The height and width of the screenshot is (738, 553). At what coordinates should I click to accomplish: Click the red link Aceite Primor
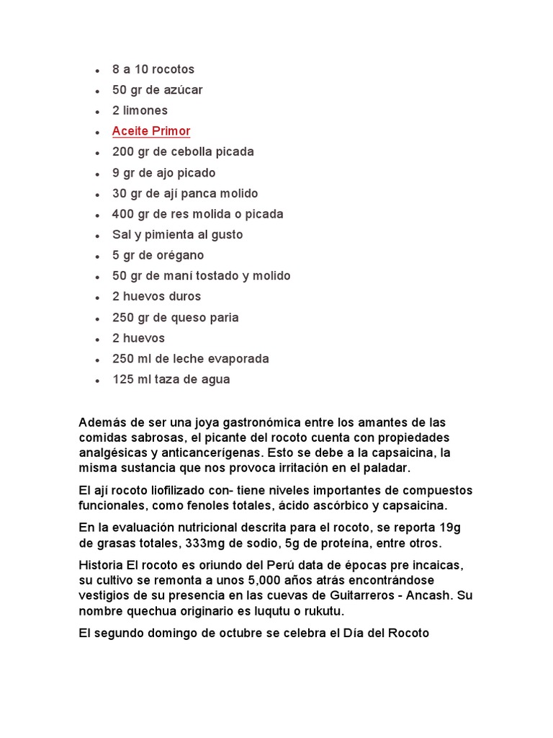[x=151, y=131]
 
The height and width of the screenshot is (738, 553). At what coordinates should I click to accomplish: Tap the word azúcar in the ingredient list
[x=181, y=90]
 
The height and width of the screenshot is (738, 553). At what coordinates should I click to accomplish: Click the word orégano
[x=179, y=255]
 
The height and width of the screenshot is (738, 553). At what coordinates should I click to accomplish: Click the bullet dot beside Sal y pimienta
[x=97, y=236]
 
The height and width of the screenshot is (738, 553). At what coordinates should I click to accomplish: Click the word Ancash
[x=427, y=595]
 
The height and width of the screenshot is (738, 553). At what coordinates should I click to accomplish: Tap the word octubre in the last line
[x=250, y=633]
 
